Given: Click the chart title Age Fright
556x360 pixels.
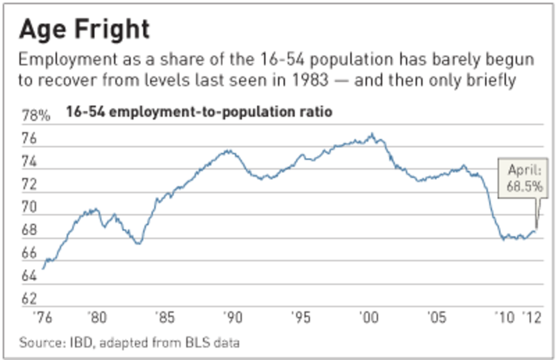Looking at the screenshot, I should click(x=84, y=29).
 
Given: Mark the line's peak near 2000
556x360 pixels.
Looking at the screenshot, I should click(x=373, y=133).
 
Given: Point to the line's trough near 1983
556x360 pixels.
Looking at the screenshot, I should click(x=138, y=243).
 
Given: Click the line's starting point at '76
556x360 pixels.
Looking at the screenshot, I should click(x=43, y=268).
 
